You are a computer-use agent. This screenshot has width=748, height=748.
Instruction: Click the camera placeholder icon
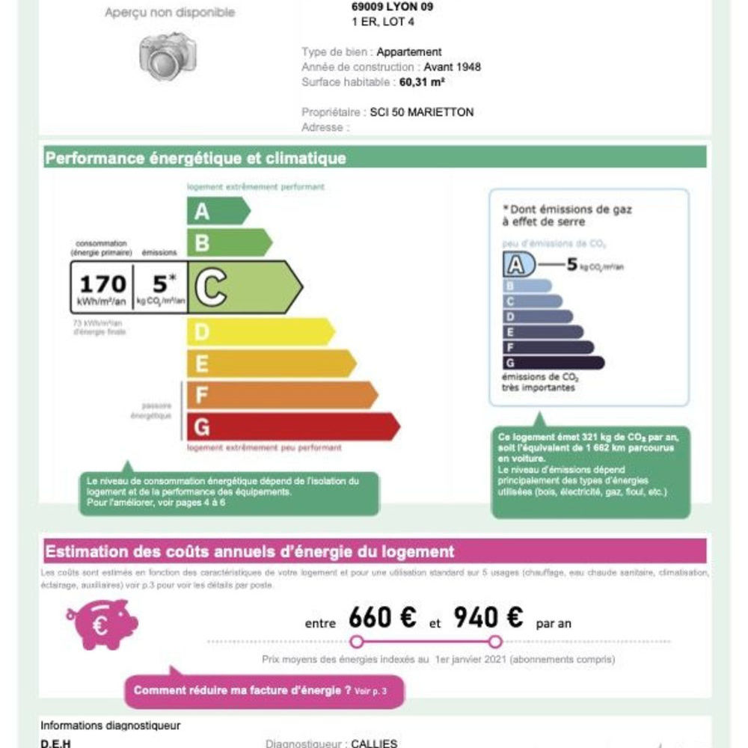[x=168, y=56]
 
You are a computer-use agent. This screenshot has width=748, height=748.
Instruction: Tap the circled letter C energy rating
[x=211, y=286]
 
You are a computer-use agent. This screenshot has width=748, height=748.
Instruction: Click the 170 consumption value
[x=102, y=284]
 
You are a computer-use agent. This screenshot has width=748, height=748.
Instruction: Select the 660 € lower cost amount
[x=382, y=619]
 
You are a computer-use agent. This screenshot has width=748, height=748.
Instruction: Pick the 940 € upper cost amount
[x=488, y=619]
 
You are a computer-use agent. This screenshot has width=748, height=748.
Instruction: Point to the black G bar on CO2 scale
[x=553, y=363]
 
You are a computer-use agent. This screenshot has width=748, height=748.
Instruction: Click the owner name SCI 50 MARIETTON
[x=422, y=112]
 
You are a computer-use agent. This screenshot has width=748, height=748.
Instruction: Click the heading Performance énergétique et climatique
[x=196, y=159]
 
